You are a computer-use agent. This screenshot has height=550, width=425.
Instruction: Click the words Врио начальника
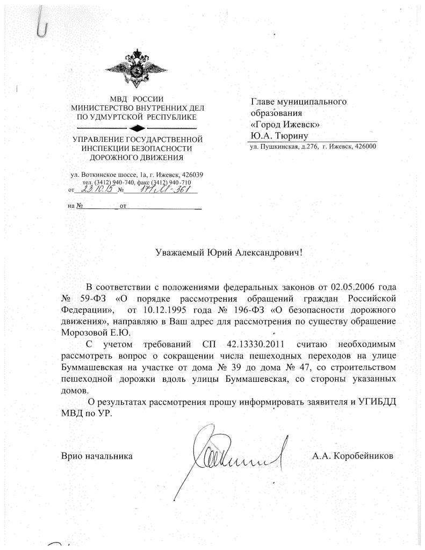(x=96, y=455)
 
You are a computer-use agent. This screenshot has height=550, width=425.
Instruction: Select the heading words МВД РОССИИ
(x=138, y=99)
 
